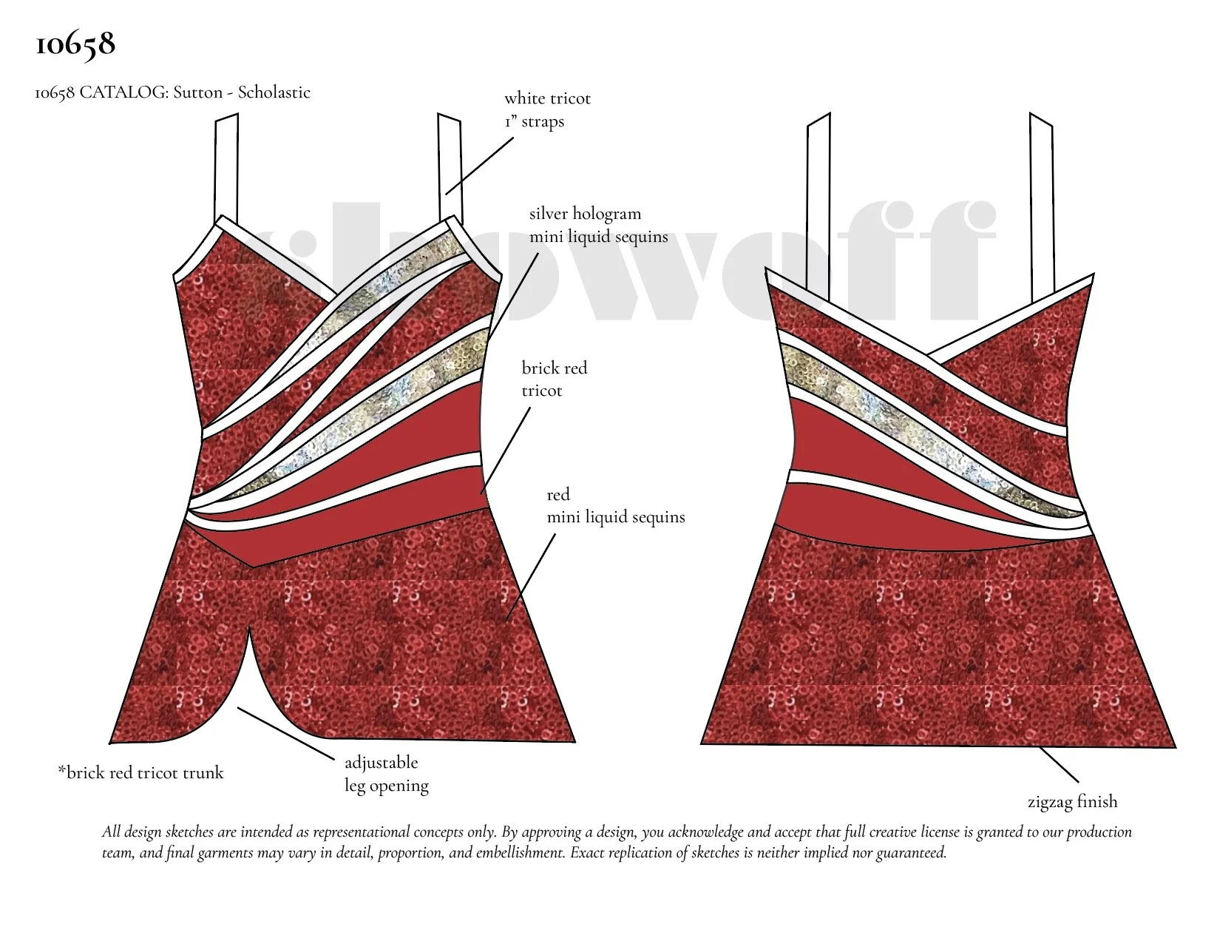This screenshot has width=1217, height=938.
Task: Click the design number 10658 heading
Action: click(x=75, y=44)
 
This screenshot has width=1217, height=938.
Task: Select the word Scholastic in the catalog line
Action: click(x=274, y=92)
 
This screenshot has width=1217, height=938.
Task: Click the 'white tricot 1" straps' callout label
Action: click(x=547, y=109)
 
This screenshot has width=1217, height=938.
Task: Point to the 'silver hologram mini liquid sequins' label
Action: click(x=598, y=225)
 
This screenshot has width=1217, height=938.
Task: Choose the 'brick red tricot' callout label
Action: click(x=554, y=379)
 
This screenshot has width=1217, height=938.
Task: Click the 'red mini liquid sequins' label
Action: click(x=615, y=506)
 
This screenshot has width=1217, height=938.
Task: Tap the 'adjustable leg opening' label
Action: click(x=386, y=774)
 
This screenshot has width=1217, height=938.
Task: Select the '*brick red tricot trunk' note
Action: click(x=140, y=773)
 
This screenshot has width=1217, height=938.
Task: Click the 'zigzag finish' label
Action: click(x=1072, y=802)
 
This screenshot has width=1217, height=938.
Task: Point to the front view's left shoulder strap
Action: click(x=227, y=166)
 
